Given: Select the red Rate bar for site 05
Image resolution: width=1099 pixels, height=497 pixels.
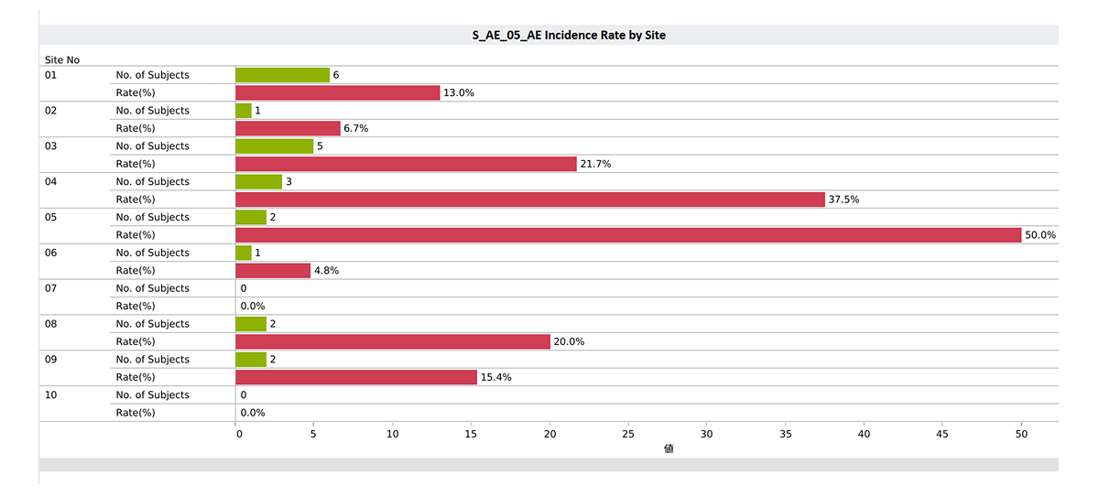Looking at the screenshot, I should tap(628, 235).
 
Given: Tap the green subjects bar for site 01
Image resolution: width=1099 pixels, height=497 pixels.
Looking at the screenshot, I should tap(282, 75).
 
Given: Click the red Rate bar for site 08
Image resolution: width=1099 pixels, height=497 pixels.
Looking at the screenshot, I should tap(393, 341).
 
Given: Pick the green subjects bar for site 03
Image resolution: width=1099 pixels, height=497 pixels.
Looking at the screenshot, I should tap(274, 146).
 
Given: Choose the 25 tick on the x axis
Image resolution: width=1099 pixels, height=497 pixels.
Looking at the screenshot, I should tap(628, 434).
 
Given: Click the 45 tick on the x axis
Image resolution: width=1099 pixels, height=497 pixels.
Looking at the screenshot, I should tap(942, 434).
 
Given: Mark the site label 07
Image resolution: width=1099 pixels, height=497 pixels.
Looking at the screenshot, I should tap(51, 288).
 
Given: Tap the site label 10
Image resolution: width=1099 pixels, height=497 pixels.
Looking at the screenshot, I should tap(51, 395).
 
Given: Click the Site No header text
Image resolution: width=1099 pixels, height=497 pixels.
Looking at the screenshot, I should tap(62, 60).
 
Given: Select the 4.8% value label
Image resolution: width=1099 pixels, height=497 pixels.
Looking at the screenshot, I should tap(327, 271).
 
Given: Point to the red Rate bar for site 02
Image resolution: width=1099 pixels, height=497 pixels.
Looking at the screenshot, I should tap(288, 128).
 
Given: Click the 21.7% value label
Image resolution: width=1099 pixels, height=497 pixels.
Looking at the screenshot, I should tap(595, 164).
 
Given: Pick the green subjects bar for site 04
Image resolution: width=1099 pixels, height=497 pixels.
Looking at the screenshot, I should tap(258, 182).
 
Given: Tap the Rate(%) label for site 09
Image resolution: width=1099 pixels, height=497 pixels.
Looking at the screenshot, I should tap(136, 377).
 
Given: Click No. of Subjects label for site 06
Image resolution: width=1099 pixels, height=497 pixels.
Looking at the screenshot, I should tap(152, 253).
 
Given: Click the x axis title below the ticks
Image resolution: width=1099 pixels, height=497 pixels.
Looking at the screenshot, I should tap(669, 449).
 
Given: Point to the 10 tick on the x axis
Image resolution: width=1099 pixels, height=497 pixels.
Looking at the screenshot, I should tap(392, 434).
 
